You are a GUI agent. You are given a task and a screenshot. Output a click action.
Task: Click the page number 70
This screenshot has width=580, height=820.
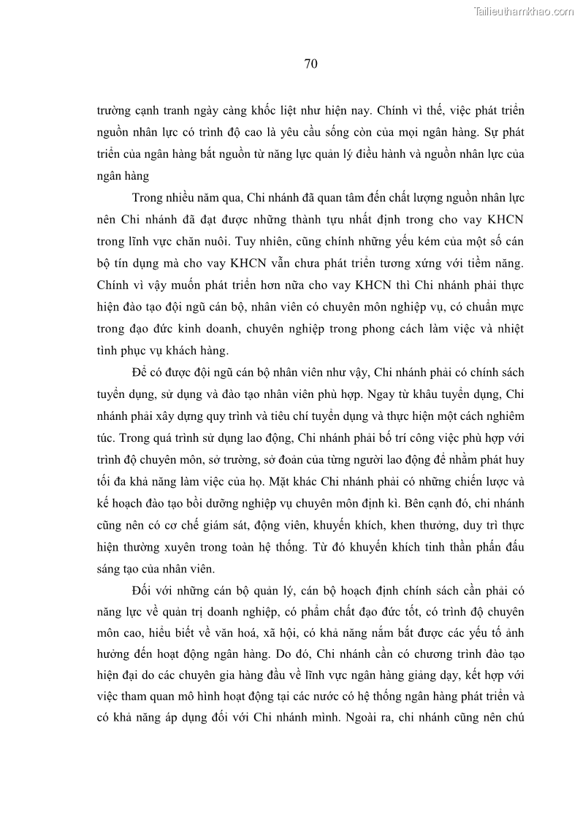(x=310, y=64)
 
